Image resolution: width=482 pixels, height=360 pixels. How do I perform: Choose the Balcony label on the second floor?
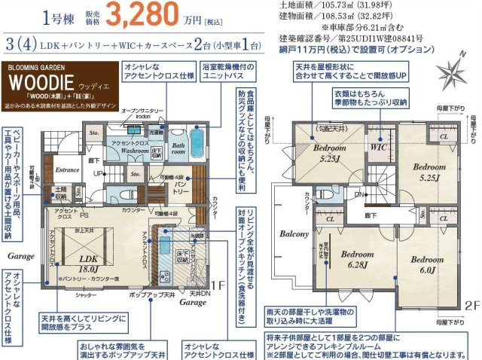tap(294, 234)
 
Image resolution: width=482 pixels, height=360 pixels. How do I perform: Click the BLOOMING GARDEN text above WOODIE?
tap(36, 66)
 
